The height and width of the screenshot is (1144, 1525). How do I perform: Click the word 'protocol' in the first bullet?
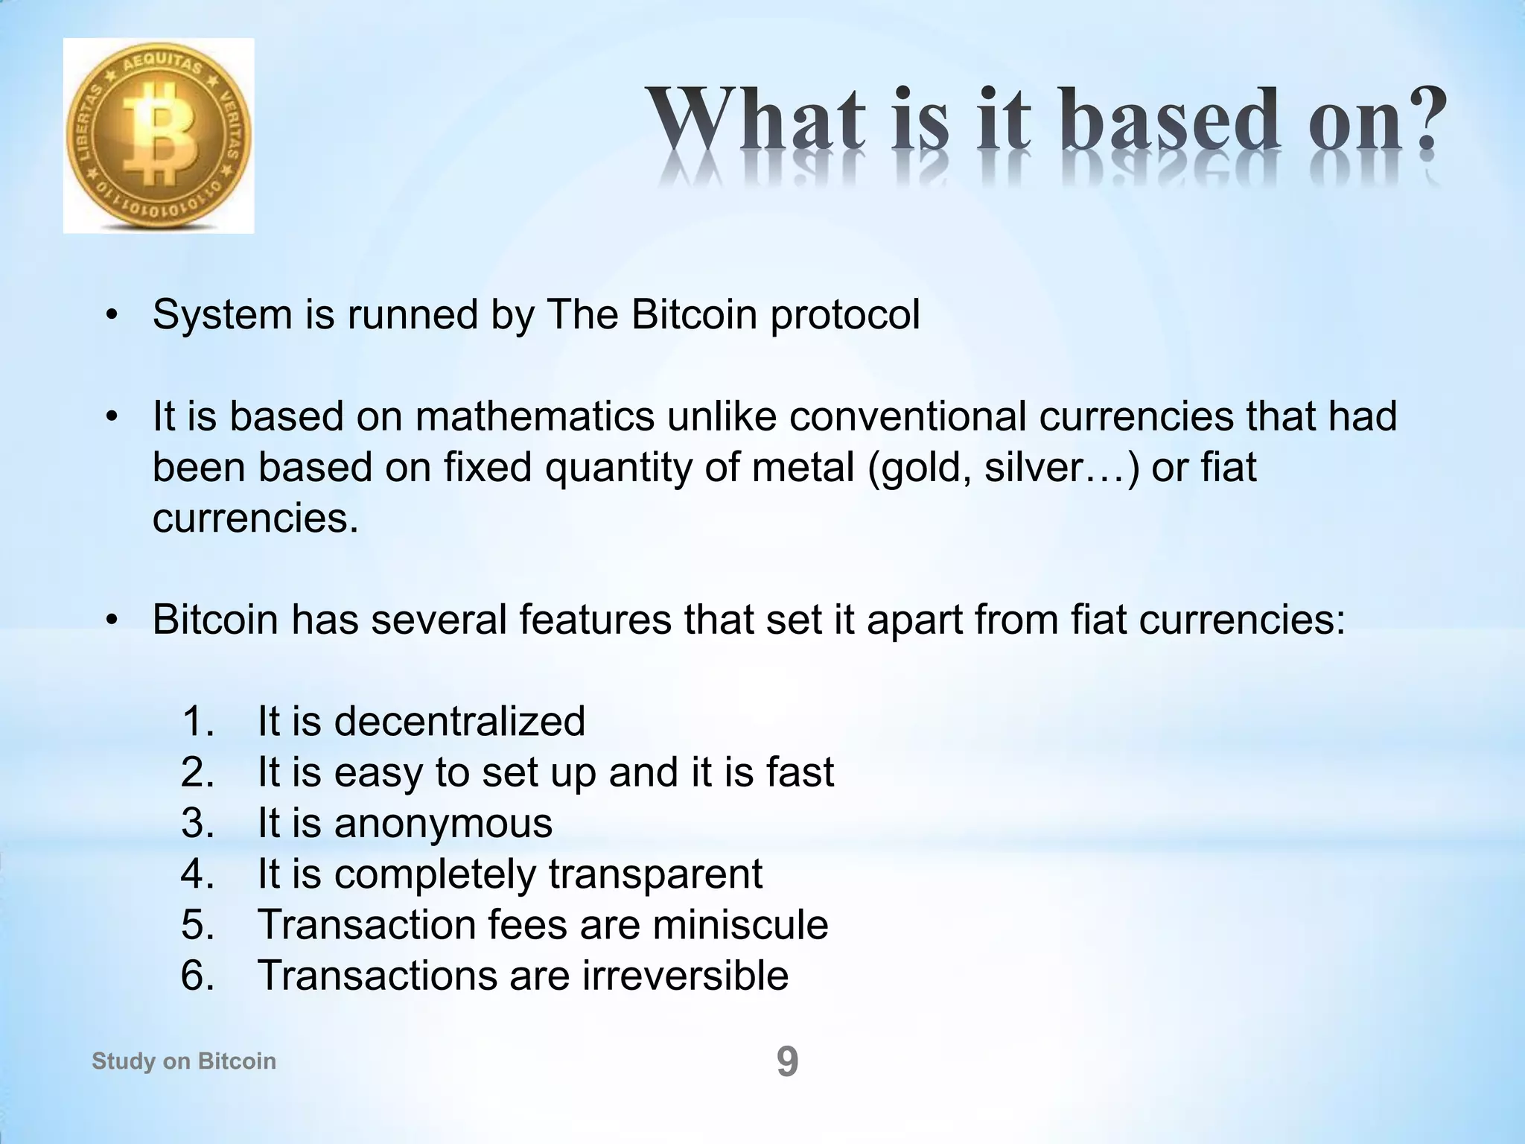844,315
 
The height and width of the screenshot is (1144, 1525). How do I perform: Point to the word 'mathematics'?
535,417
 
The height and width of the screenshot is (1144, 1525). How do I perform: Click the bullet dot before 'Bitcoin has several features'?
112,620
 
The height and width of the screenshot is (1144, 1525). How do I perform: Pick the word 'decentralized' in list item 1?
459,722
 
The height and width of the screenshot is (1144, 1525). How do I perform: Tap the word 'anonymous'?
443,823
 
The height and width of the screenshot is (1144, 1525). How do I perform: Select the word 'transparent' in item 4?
655,874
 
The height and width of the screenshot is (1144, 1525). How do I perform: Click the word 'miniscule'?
740,925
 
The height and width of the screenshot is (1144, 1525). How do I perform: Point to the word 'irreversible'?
684,976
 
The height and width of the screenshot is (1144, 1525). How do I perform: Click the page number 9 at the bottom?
787,1061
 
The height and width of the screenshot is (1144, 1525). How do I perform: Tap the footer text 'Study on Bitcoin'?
183,1061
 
